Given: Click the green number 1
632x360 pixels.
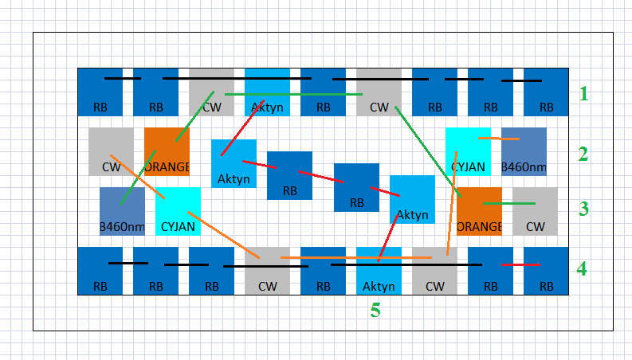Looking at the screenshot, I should [x=583, y=94].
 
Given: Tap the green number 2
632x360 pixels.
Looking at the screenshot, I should [x=583, y=154].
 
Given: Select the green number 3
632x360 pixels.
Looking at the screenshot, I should [x=583, y=209].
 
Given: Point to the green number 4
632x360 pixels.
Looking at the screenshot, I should [x=583, y=269].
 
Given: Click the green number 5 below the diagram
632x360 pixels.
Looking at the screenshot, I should [x=375, y=311].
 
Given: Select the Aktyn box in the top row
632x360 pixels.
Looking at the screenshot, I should [x=267, y=92].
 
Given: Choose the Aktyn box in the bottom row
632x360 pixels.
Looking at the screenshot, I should [x=379, y=271].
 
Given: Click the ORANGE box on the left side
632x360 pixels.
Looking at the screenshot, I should [x=167, y=151].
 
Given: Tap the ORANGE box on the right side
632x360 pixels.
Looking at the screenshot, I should [x=479, y=211].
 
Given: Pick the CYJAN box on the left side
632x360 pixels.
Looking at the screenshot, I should [x=178, y=211].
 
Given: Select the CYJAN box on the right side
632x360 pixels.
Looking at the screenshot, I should [x=468, y=151].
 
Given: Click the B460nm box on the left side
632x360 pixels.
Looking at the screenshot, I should [x=122, y=211].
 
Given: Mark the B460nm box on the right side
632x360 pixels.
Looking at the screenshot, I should [x=524, y=151].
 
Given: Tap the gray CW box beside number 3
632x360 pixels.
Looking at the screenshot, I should [x=535, y=211].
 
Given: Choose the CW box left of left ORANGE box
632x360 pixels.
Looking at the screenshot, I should [x=111, y=151].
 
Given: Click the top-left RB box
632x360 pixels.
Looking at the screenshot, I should [x=100, y=92].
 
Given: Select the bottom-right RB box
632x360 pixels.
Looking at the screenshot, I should [x=546, y=271].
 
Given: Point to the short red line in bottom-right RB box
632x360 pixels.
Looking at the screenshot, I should [x=521, y=264].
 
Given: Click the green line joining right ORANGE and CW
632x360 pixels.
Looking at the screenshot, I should [x=508, y=204].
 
